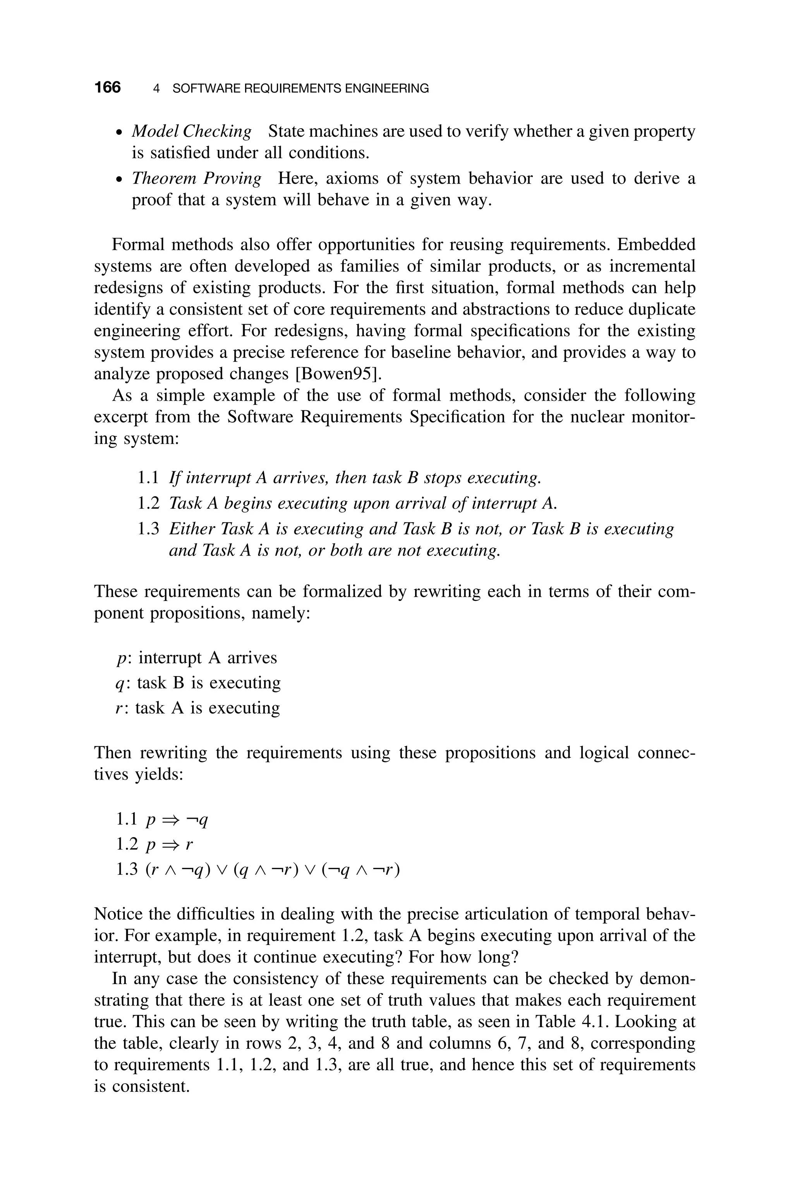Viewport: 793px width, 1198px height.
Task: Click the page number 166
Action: click(107, 88)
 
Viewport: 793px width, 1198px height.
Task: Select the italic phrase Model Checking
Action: click(191, 131)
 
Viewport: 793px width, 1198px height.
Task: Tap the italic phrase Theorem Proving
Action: click(196, 179)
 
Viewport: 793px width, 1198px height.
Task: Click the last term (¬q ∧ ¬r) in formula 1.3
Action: click(360, 870)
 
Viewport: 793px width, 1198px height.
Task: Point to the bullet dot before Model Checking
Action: click(118, 133)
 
